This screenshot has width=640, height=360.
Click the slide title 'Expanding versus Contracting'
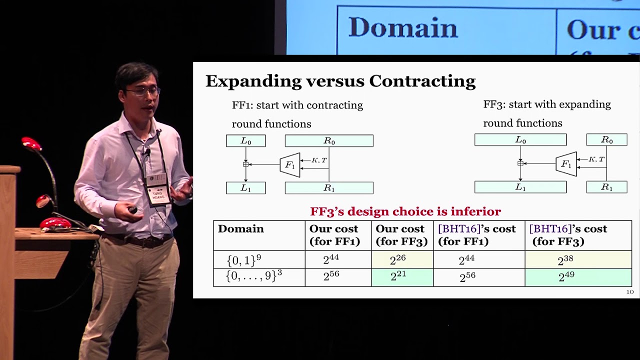pos(340,81)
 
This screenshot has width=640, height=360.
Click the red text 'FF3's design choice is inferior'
pos(405,211)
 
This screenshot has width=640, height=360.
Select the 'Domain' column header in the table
pos(240,229)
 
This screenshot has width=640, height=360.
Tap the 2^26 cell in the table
pos(402,259)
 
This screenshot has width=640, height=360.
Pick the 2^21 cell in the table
pos(402,277)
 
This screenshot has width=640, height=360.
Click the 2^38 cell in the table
pos(578,259)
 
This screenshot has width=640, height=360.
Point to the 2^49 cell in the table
pos(578,277)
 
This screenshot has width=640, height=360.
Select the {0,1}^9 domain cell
pos(244,259)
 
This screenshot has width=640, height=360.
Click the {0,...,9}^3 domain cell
pos(254,277)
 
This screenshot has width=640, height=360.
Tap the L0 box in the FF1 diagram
pos(245,141)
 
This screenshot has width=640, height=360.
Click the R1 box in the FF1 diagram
pos(329,188)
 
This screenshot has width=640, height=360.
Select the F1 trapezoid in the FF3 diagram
pos(566,164)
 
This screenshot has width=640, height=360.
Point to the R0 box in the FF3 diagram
pos(606,140)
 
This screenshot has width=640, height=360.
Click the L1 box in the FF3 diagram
pos(520,187)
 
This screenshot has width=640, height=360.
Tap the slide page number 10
pos(629,292)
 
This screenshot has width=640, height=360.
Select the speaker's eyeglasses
pos(143,91)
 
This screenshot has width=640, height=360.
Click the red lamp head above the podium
pos(31,144)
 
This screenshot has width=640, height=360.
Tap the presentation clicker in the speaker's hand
pos(132,210)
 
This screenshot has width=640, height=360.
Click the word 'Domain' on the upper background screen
pos(403,28)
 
